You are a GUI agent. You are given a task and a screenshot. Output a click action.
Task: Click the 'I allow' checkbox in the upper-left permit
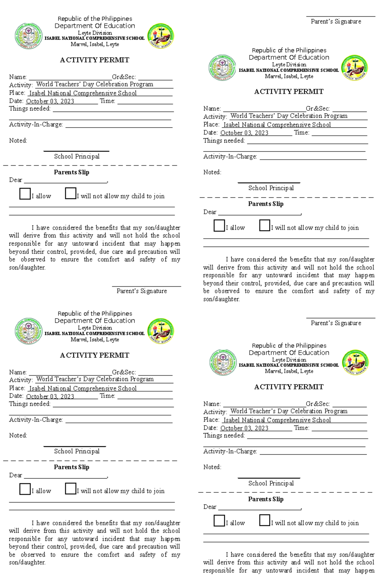[x=25, y=194]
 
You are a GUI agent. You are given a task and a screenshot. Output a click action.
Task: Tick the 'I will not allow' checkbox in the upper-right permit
[x=265, y=225]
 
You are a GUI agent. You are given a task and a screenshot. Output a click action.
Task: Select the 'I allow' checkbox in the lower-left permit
[x=25, y=489]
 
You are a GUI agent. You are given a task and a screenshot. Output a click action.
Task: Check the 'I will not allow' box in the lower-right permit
[x=265, y=520]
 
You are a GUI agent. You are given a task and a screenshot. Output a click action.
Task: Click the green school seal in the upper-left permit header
[x=28, y=36]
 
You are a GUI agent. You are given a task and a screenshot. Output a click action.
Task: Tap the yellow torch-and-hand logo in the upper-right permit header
[x=355, y=67]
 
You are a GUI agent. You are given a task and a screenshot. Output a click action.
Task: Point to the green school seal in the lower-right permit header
[x=223, y=362]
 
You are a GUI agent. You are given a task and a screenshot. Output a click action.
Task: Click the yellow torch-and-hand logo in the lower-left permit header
[x=160, y=331]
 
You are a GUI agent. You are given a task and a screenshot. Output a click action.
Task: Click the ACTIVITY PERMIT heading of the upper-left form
[x=94, y=60]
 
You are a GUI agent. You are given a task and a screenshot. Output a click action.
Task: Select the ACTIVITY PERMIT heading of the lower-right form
[x=289, y=387]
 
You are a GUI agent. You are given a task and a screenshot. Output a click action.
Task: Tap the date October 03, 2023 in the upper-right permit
[x=244, y=133]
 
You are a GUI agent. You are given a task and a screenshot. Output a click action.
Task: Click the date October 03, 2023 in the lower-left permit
[x=50, y=396]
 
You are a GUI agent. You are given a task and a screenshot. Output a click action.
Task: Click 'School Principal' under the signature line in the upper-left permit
[x=76, y=156]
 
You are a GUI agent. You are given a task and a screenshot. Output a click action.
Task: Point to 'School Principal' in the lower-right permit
[x=271, y=483]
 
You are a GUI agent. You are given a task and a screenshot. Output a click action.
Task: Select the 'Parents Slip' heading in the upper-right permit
[x=266, y=204]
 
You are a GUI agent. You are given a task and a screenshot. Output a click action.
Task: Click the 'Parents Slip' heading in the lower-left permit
[x=71, y=467]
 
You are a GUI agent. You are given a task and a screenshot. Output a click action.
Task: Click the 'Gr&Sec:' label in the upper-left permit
[x=124, y=77]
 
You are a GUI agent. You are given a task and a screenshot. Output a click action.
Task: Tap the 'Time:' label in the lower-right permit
[x=301, y=428]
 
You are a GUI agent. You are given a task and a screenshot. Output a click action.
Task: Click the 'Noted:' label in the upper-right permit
[x=212, y=172]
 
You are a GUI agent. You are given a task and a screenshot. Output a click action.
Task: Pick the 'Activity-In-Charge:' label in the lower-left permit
[x=36, y=420]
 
